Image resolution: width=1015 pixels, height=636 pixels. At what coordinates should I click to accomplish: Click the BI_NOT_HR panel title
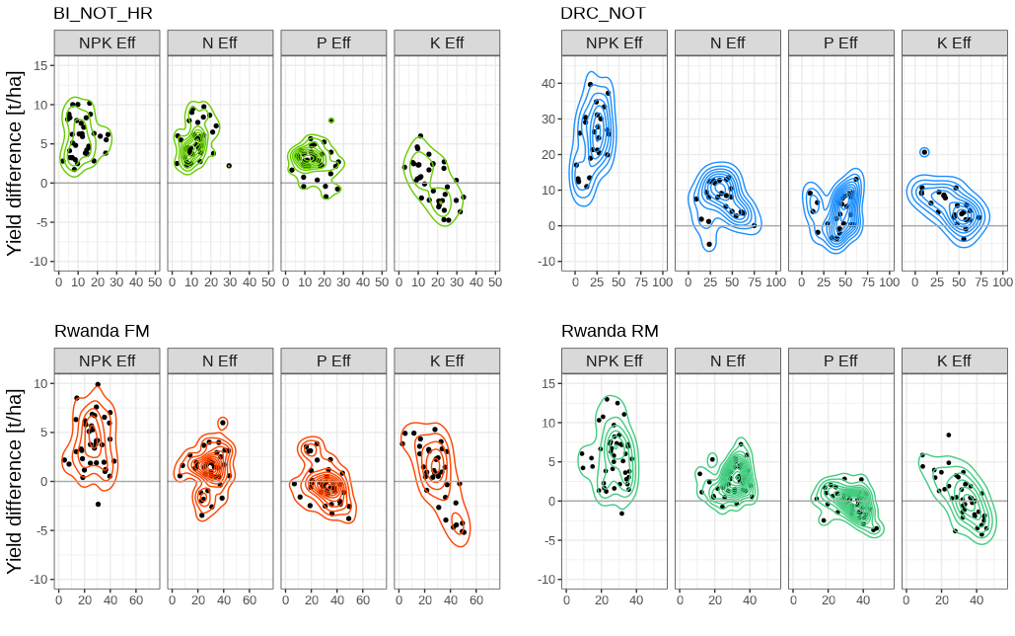point(104,13)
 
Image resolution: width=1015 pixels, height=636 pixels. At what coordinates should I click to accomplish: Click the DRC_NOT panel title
point(604,13)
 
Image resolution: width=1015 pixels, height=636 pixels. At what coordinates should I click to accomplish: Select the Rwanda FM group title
point(102,331)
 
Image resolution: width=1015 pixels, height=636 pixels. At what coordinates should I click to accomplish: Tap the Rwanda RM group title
point(610,331)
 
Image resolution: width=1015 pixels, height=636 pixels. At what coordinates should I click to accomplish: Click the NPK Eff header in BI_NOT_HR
point(107,43)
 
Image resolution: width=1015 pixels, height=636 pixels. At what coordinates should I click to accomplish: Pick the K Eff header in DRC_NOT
point(954,43)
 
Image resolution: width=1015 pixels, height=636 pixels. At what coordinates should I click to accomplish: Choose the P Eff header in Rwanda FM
point(333,361)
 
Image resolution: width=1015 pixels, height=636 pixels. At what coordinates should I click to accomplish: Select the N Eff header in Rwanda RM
point(727,361)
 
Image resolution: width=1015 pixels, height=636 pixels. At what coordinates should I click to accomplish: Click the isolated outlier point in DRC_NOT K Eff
point(924,152)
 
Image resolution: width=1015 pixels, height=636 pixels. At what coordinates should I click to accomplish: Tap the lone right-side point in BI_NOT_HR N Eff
point(229,166)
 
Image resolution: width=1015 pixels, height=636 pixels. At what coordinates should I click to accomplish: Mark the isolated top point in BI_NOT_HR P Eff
point(331,120)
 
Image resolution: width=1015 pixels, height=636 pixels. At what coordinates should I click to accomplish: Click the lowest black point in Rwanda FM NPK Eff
point(98,504)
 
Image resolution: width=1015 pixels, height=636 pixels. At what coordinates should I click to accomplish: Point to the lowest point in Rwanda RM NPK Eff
point(621,514)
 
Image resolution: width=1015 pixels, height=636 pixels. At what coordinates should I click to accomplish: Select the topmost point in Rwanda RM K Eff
point(949,435)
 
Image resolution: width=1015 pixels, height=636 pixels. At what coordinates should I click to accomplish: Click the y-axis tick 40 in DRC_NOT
point(546,83)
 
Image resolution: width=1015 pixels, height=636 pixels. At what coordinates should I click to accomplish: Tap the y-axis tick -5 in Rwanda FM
point(39,530)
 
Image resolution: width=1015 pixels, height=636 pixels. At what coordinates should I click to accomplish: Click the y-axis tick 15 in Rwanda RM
point(546,383)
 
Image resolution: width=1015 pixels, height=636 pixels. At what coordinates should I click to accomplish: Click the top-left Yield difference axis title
point(15,163)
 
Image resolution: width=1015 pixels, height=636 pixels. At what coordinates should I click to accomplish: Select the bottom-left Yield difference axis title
point(15,481)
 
